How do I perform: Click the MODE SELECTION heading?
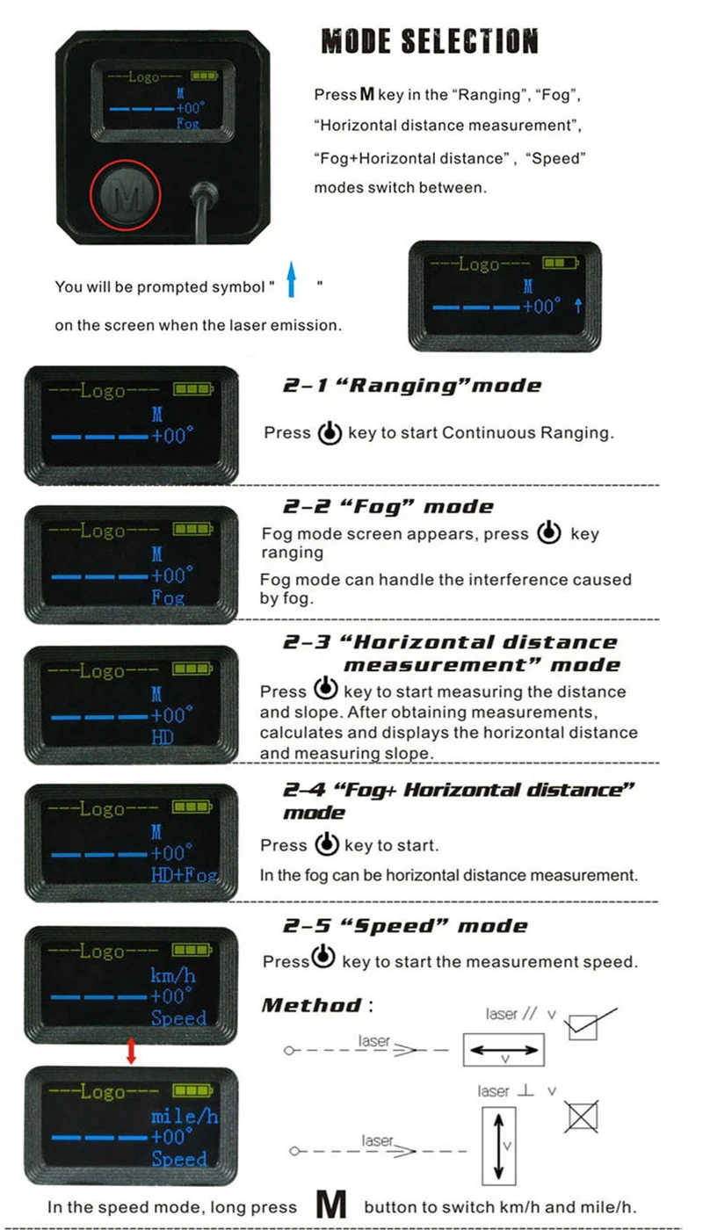pos(430,41)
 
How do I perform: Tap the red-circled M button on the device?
pos(126,195)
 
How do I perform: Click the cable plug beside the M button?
pos(204,194)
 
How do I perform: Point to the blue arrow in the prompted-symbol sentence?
pos(291,279)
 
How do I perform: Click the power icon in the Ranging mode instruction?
pos(330,432)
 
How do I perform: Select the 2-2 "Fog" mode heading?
pos(388,506)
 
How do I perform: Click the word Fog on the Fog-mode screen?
pos(168,597)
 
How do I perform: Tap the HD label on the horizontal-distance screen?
pos(163,737)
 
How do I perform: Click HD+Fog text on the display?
pos(185,874)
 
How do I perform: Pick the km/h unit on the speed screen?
pos(173,976)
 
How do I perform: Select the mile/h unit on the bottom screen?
pos(185,1116)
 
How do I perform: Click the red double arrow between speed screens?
pos(131,1051)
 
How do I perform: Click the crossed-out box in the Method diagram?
pos(582,1117)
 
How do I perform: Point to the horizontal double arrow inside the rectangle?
pos(504,1050)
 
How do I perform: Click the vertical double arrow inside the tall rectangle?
pos(499,1146)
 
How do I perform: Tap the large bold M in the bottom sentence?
pos(331,1205)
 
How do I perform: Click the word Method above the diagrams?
pos(312,1005)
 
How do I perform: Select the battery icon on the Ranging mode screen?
pos(193,389)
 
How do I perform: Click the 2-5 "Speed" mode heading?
pos(405,926)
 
